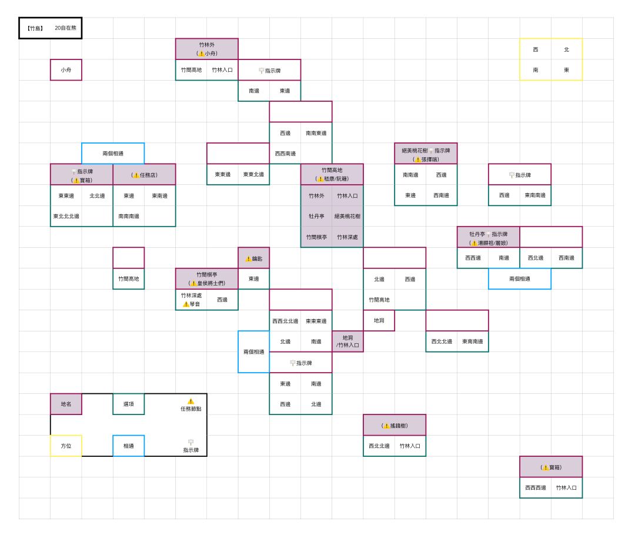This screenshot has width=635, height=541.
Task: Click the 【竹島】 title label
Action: [35, 28]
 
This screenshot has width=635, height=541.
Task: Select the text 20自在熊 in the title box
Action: [66, 28]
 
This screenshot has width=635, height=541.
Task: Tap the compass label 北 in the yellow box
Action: [567, 49]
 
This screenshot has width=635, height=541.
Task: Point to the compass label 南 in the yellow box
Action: [536, 70]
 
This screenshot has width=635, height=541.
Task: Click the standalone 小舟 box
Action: [66, 69]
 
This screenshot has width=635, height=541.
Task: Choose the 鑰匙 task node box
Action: [254, 258]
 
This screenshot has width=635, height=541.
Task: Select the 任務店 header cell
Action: [144, 175]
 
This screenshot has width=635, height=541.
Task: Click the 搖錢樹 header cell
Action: [395, 425]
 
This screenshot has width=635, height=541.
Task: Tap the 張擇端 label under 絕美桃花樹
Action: [426, 160]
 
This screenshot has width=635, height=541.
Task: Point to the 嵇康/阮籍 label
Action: [332, 179]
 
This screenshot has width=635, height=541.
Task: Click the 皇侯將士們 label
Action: [207, 283]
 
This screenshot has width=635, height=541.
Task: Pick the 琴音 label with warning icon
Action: [191, 304]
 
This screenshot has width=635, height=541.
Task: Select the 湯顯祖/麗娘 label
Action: [489, 243]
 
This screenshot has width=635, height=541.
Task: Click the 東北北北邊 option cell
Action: [66, 216]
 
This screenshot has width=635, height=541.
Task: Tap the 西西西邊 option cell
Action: [536, 487]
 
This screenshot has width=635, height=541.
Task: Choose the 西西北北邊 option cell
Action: [285, 321]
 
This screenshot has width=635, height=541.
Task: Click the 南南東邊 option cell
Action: [316, 132]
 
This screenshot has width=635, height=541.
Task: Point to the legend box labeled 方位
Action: [66, 446]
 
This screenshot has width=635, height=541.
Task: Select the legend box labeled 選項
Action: [128, 404]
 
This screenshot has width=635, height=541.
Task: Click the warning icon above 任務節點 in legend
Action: [190, 401]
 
